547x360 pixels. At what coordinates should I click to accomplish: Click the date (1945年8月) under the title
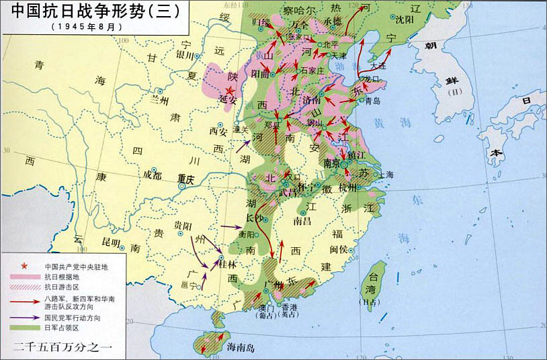pyautogui.click(x=87, y=28)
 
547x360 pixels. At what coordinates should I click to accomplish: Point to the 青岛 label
pyautogui.click(x=373, y=101)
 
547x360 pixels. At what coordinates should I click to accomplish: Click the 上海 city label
pyautogui.click(x=386, y=174)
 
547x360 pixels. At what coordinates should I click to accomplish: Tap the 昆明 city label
pyautogui.click(x=111, y=242)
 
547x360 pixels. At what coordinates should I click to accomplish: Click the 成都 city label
pyautogui.click(x=152, y=176)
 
